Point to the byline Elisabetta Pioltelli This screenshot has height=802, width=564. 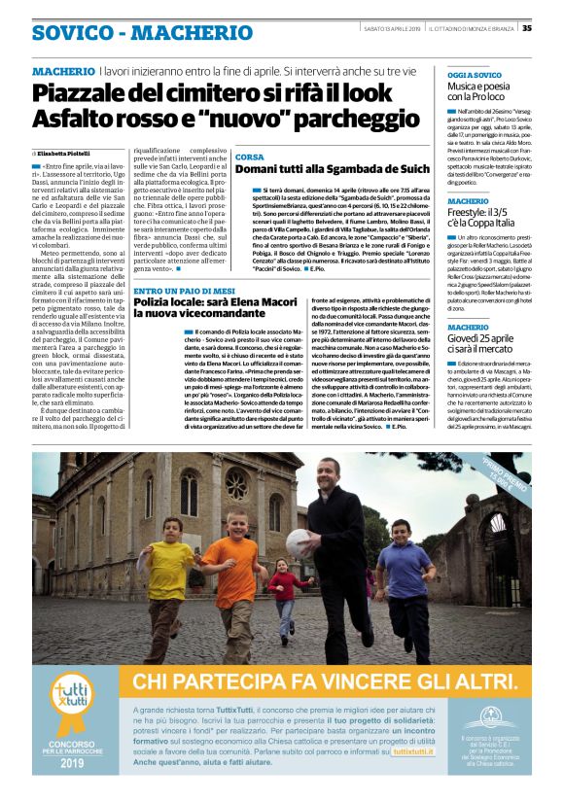67,154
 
